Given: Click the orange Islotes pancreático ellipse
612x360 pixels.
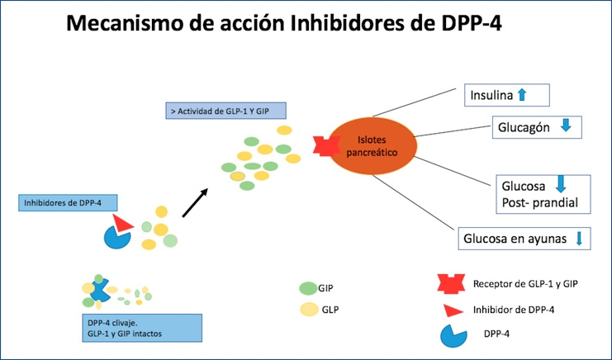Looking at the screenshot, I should (x=371, y=147).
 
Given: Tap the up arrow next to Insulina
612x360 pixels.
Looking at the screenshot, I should (x=520, y=95).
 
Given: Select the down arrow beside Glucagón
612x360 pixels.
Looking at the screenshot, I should (x=565, y=127).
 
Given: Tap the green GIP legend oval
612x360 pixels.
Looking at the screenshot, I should (x=307, y=288).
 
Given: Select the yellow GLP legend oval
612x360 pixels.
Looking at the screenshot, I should (x=307, y=310).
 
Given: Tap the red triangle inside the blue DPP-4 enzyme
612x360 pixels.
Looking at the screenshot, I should (x=124, y=223).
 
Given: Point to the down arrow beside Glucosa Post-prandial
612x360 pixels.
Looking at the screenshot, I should (x=559, y=184).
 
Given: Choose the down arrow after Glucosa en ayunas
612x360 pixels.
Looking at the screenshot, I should (x=579, y=239).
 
